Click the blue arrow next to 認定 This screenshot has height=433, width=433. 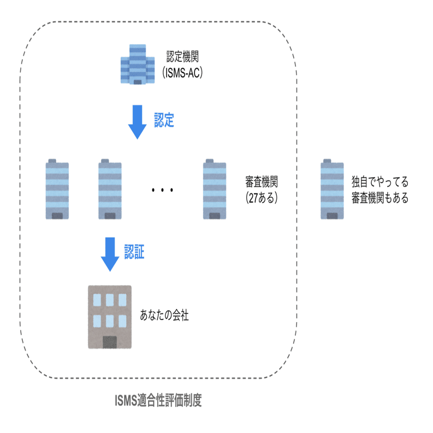click(x=137, y=121)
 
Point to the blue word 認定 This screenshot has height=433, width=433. click(x=164, y=120)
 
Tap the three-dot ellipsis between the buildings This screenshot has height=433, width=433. click(x=162, y=190)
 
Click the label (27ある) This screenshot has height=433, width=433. click(x=263, y=198)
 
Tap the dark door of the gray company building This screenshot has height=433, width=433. click(x=110, y=341)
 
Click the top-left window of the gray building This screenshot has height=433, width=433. click(x=97, y=300)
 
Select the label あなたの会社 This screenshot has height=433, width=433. click(x=164, y=316)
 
